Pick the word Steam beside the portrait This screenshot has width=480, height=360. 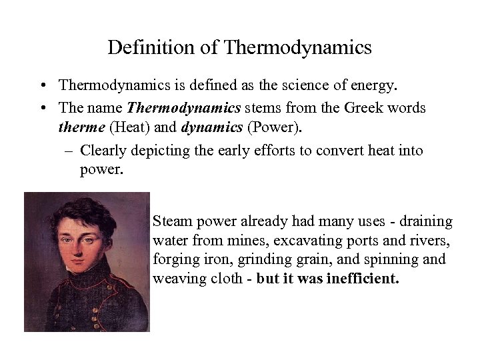170,221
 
